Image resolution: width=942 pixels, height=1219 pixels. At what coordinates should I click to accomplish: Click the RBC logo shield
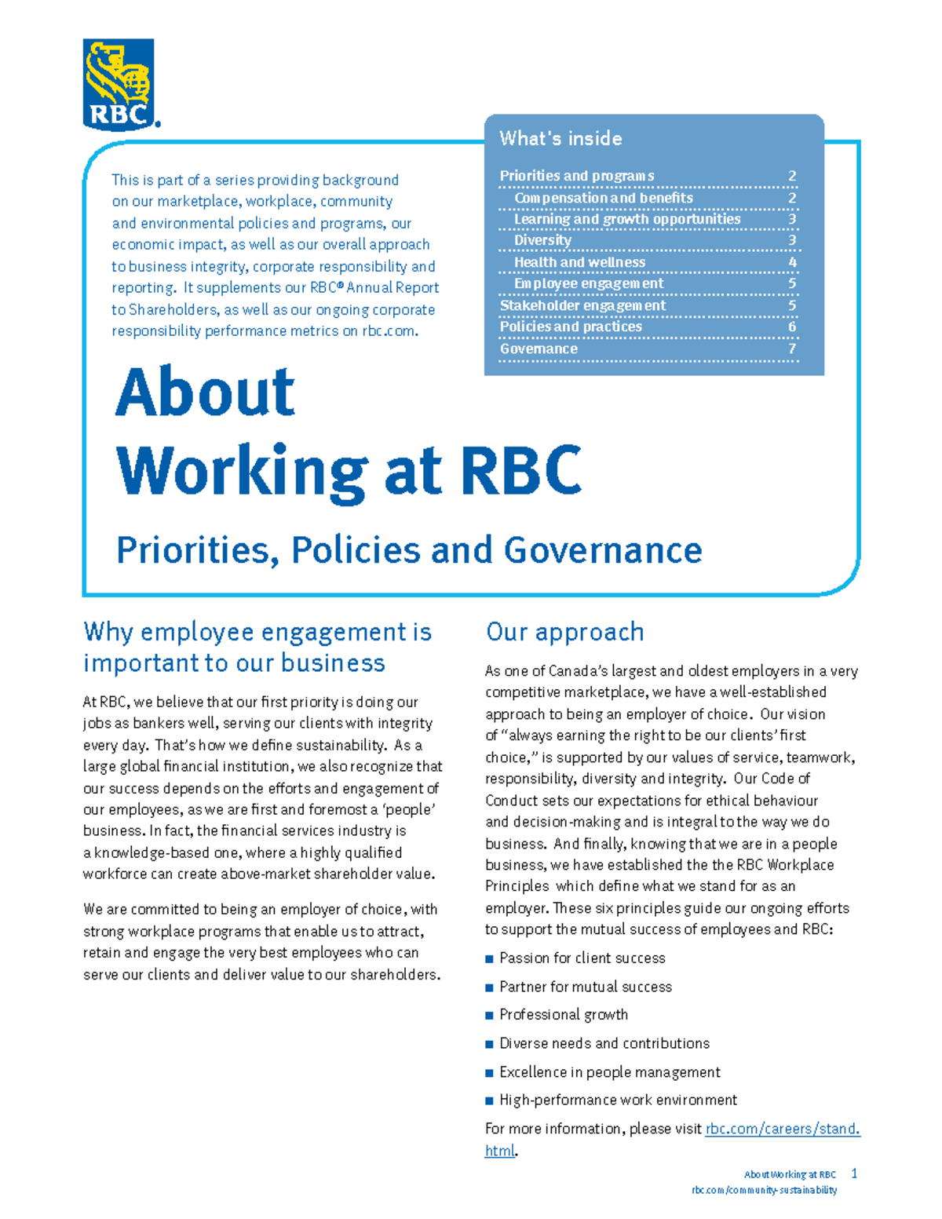tap(119, 83)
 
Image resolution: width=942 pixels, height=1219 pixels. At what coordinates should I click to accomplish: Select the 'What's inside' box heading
tap(560, 139)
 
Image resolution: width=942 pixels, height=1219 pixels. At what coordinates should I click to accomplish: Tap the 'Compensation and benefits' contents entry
tap(603, 198)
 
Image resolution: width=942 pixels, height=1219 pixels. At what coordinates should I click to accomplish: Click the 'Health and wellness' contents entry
tap(579, 262)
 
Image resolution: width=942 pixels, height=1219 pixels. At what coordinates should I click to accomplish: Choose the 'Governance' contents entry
tap(539, 349)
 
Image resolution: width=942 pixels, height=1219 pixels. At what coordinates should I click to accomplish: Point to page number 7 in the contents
tap(792, 349)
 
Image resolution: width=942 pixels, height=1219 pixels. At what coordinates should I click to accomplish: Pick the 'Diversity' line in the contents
tap(542, 240)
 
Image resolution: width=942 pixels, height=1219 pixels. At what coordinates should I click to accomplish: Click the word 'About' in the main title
tap(205, 392)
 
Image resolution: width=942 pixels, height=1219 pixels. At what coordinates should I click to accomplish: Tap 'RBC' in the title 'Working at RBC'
tap(521, 471)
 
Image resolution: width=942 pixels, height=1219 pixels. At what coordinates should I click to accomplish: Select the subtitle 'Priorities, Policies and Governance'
tap(408, 549)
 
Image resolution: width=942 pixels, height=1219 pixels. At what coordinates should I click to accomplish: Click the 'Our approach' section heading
tap(564, 632)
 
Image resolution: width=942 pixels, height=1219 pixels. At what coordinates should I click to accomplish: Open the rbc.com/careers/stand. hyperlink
tap(782, 1129)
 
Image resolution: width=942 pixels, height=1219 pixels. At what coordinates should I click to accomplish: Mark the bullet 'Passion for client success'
tap(582, 958)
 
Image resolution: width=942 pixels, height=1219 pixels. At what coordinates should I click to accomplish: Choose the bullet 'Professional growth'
tap(564, 1015)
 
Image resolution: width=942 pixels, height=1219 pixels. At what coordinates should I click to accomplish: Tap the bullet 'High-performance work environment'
tap(618, 1100)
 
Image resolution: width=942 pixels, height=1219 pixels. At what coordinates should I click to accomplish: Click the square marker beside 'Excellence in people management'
tap(490, 1072)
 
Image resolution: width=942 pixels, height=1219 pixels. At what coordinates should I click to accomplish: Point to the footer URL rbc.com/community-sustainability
tap(764, 1190)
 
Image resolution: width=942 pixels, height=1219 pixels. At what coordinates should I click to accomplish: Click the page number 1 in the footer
tap(854, 1173)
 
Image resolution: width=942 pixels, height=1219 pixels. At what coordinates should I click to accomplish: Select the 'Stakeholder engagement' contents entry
tap(582, 305)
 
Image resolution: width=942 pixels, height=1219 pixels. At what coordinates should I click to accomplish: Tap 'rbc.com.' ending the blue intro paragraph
tap(389, 331)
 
